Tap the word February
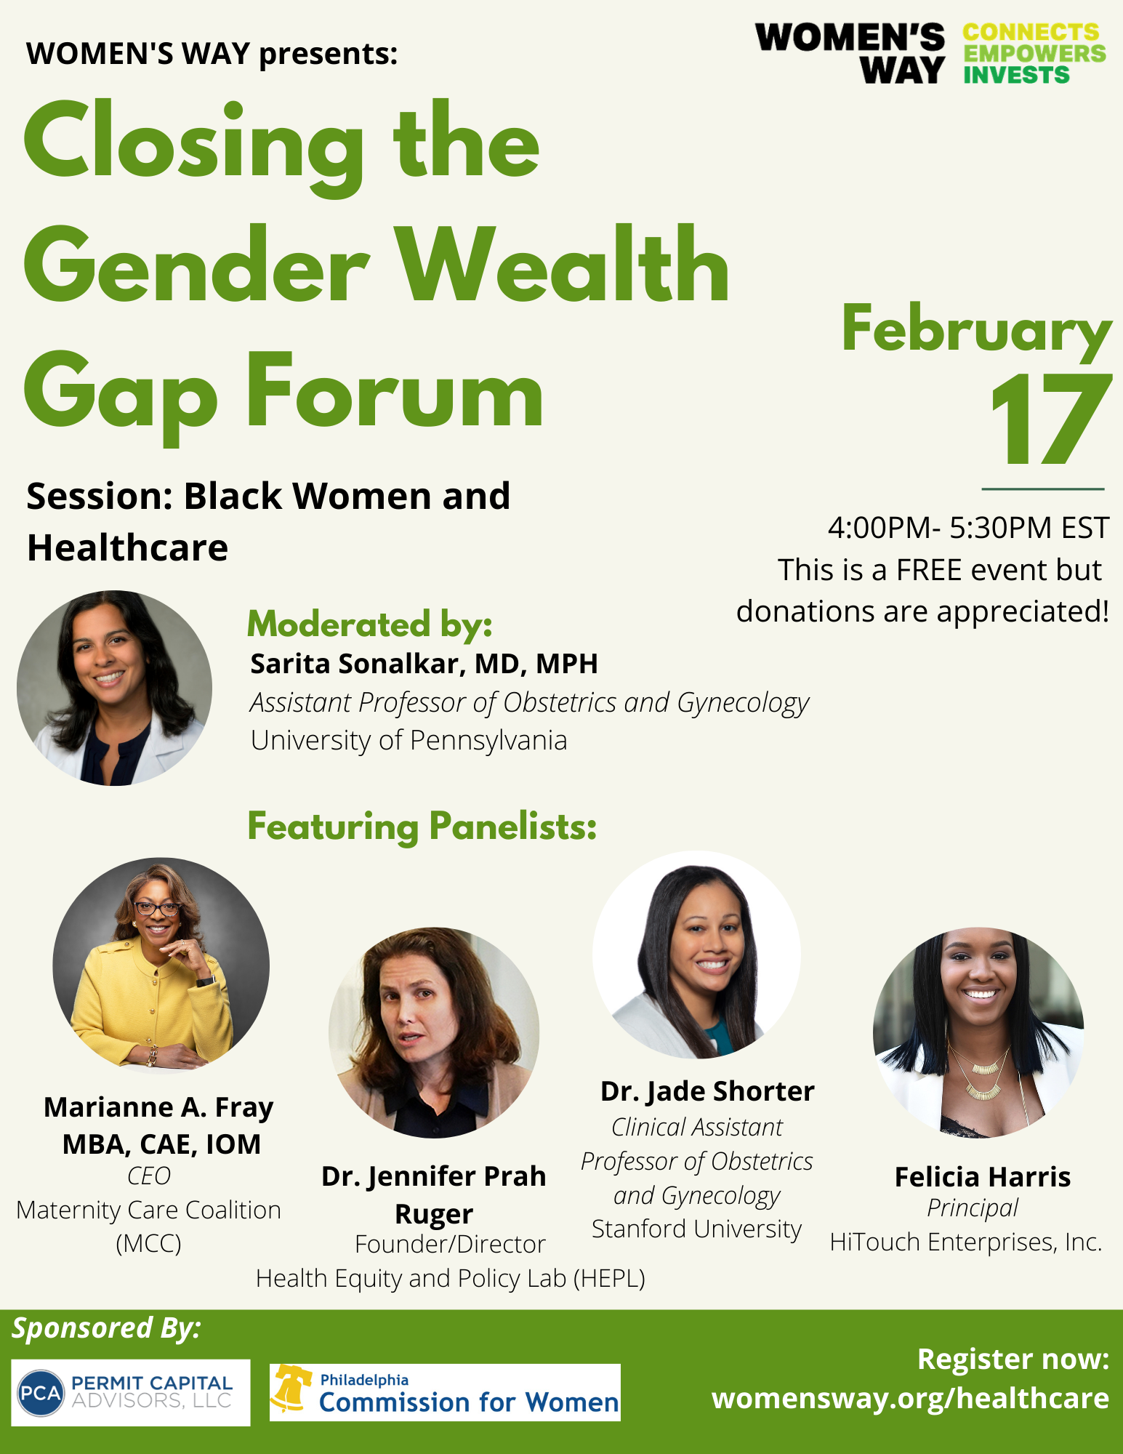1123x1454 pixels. click(x=976, y=331)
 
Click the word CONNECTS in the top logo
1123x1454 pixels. click(x=1031, y=33)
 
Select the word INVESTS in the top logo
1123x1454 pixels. click(x=1016, y=75)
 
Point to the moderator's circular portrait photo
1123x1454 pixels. click(x=114, y=688)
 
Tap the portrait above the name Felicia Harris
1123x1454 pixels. click(x=978, y=1032)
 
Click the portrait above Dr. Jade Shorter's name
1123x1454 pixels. click(x=696, y=955)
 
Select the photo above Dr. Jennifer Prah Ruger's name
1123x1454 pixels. click(x=434, y=1032)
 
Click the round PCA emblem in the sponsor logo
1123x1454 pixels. click(x=41, y=1393)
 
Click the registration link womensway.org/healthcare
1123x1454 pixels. click(x=910, y=1398)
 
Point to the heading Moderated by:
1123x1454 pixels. click(x=370, y=624)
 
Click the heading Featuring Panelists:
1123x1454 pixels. click(x=422, y=826)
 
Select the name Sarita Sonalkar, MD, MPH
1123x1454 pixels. click(x=424, y=664)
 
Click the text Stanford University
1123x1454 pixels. click(x=696, y=1229)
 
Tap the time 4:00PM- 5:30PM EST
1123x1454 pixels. click(x=968, y=528)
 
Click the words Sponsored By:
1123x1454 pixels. click(x=106, y=1328)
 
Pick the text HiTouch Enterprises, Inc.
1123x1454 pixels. click(x=966, y=1242)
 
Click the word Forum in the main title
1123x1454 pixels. click(x=395, y=395)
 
